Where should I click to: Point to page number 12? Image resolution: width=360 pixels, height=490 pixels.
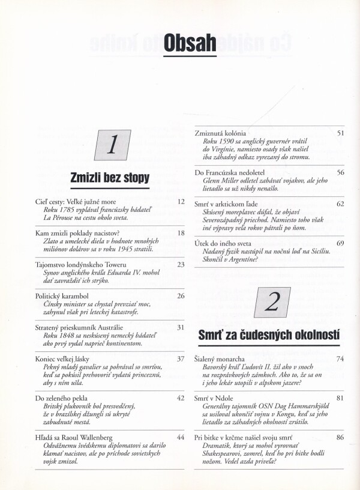181,202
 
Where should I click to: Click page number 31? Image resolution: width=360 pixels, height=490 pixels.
181,327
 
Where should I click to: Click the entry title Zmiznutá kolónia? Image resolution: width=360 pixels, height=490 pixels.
220,132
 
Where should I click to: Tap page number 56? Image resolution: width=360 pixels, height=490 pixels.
340,172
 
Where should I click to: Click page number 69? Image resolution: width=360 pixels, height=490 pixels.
340,243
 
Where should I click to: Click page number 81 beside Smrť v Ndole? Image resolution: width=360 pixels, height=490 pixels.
340,398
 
